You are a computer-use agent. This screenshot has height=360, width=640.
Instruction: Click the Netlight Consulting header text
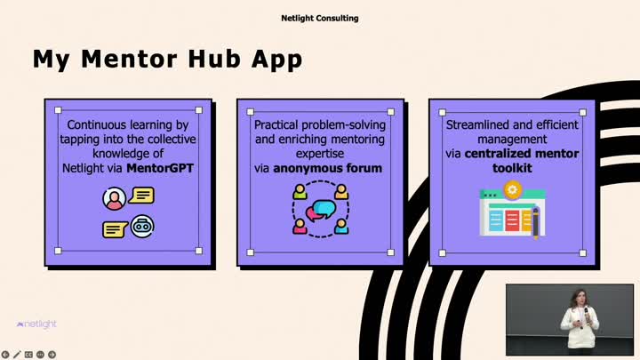(320, 18)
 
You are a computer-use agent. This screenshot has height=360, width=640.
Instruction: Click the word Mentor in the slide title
(129, 59)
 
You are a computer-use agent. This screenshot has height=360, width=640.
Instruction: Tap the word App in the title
(277, 60)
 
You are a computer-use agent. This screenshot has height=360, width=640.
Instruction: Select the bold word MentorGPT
(160, 168)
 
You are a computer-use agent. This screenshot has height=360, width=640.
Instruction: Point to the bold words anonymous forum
(328, 168)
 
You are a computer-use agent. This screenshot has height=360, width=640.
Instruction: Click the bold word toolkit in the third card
(512, 168)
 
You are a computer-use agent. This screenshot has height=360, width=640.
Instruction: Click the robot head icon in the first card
(142, 226)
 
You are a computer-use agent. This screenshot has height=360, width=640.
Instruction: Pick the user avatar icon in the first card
(115, 199)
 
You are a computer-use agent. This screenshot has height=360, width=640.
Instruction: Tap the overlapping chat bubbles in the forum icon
(321, 210)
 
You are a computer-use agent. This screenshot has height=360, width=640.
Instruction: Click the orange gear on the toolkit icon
(512, 190)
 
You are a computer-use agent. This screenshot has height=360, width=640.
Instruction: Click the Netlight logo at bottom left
(36, 324)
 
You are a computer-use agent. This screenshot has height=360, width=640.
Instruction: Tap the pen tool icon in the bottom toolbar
(17, 355)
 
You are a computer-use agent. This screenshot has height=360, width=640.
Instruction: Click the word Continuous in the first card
(97, 125)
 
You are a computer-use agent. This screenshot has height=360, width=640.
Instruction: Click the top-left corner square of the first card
(58, 110)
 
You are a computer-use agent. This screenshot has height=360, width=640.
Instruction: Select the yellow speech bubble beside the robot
(115, 229)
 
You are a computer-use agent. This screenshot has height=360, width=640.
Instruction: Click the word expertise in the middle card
(320, 154)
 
